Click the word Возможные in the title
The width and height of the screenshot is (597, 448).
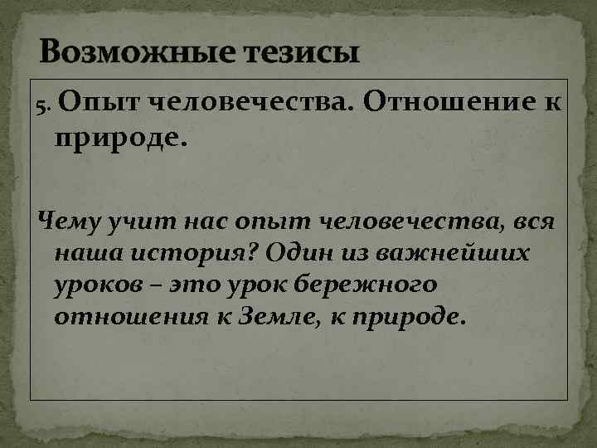click(x=127, y=53)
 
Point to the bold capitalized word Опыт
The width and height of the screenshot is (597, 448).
click(x=92, y=103)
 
